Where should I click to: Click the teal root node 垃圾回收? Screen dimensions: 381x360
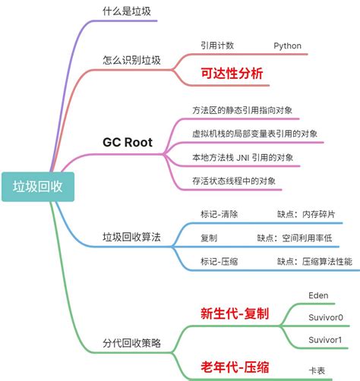pyautogui.click(x=37, y=185)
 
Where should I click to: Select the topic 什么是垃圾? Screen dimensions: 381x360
pyautogui.click(x=126, y=11)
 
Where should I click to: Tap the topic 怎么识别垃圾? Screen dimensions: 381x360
pyautogui.click(x=131, y=59)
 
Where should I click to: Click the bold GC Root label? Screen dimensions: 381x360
pyautogui.click(x=128, y=142)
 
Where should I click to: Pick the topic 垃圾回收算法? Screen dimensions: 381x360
pyautogui.click(x=131, y=237)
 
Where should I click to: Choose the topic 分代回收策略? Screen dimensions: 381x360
pyautogui.click(x=131, y=342)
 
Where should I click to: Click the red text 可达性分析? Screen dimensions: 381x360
pyautogui.click(x=232, y=74)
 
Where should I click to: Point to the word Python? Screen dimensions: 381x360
pyautogui.click(x=288, y=46)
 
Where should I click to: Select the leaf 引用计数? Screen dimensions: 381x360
pyautogui.click(x=217, y=46)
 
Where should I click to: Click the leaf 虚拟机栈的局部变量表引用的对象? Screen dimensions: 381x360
pyautogui.click(x=254, y=134)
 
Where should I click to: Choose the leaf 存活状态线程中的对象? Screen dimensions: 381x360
pyautogui.click(x=233, y=181)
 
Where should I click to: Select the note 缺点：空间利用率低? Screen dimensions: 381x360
pyautogui.click(x=295, y=238)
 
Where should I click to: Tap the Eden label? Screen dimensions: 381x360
pyautogui.click(x=318, y=294)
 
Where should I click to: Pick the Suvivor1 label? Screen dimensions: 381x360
pyautogui.click(x=325, y=338)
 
